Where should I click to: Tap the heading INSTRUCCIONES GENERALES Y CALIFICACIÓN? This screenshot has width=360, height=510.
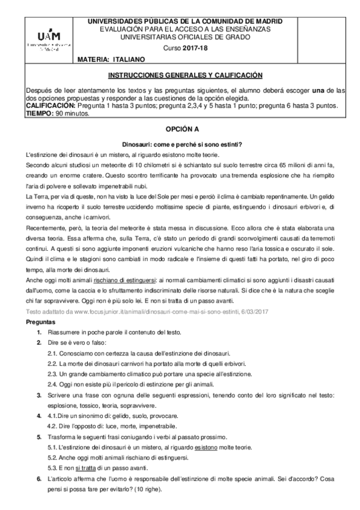[186, 76]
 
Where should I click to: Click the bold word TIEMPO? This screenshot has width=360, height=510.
[40, 112]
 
